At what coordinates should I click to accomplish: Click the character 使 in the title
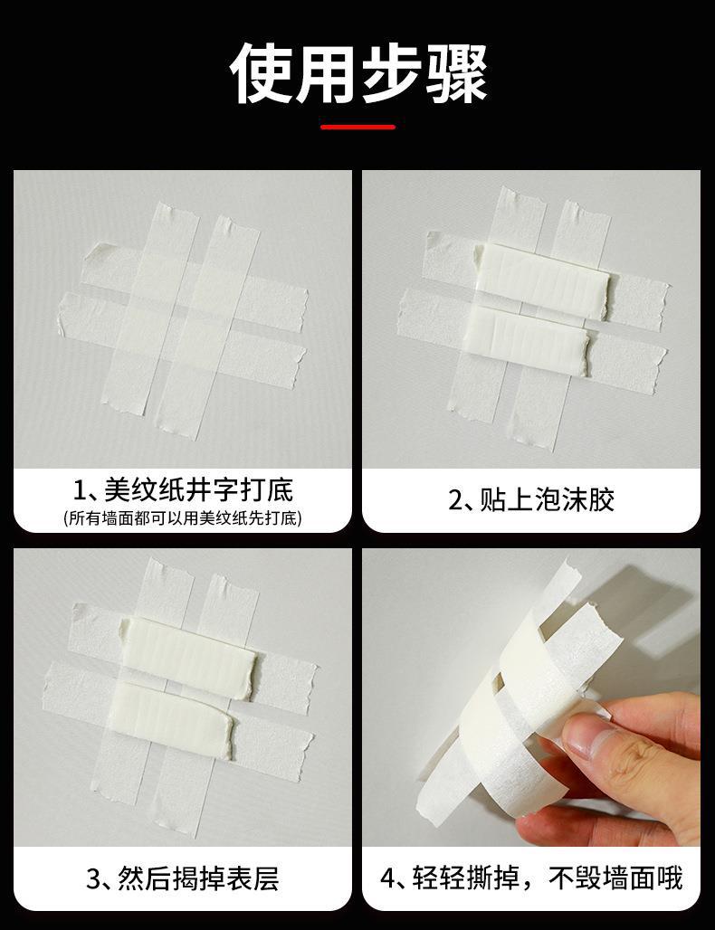pos(261,73)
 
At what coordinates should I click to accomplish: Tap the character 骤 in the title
pos(456,73)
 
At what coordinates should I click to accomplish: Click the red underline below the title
pos(357,127)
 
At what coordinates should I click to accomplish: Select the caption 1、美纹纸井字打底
pos(183,490)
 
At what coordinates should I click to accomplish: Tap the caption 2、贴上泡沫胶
pos(531,499)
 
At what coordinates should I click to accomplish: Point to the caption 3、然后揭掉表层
pos(183,878)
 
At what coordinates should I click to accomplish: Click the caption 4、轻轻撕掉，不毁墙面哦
pos(531,878)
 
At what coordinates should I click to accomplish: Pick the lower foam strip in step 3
pos(173,717)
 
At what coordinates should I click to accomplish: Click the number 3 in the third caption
pos(94,878)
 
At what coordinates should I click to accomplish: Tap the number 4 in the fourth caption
pos(388,878)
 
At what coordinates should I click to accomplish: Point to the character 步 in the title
pos(391,73)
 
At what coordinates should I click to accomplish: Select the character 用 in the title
pos(326,73)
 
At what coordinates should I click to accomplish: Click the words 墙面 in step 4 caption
pos(629,878)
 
